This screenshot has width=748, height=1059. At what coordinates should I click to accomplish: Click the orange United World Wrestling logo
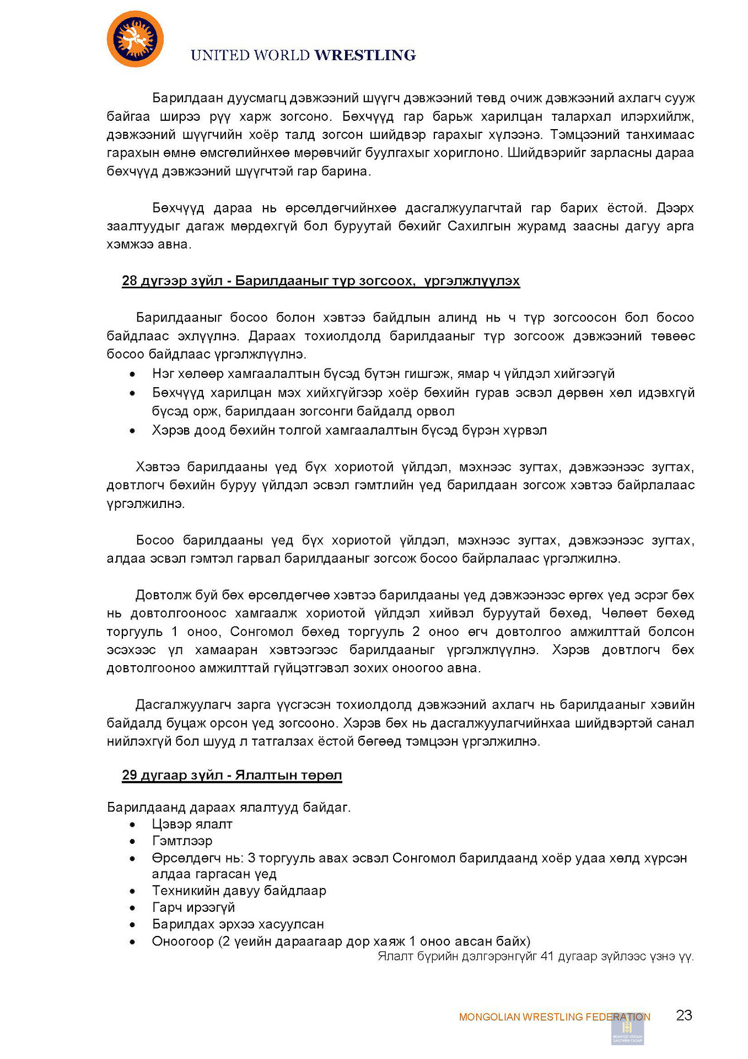pyautogui.click(x=135, y=39)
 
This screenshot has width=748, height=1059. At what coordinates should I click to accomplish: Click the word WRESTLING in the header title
pyautogui.click(x=365, y=55)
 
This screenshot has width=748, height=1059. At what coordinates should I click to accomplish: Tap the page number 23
pyautogui.click(x=684, y=1015)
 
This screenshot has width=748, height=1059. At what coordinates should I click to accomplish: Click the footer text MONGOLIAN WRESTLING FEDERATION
pyautogui.click(x=554, y=1017)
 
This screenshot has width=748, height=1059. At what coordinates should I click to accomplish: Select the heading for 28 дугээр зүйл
pyautogui.click(x=320, y=281)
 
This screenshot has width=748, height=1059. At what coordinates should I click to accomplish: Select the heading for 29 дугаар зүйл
pyautogui.click(x=232, y=775)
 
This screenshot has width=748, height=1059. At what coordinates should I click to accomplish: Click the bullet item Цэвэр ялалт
pyautogui.click(x=192, y=824)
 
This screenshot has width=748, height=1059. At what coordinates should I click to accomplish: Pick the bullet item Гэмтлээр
pyautogui.click(x=182, y=841)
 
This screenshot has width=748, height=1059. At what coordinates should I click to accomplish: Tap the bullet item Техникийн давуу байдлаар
pyautogui.click(x=239, y=890)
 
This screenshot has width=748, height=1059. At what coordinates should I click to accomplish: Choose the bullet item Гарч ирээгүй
pyautogui.click(x=193, y=907)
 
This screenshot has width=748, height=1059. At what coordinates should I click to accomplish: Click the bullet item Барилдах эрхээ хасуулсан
pyautogui.click(x=238, y=924)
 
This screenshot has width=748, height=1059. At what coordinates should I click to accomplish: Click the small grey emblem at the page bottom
pyautogui.click(x=627, y=1029)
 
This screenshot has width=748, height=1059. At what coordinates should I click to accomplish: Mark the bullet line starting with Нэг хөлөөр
pyautogui.click(x=383, y=374)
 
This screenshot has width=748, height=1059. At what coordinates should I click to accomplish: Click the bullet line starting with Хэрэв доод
pyautogui.click(x=349, y=430)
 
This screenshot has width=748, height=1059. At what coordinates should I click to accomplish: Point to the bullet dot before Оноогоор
pyautogui.click(x=132, y=942)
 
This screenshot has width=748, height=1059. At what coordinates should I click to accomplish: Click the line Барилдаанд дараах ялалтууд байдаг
pyautogui.click(x=228, y=807)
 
